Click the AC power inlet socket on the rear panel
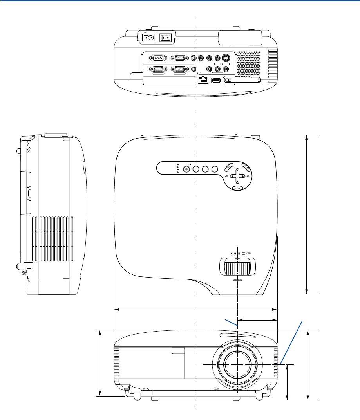[148, 38]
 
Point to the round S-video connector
[225, 58]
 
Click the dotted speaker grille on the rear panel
[248, 63]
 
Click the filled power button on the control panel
[186, 169]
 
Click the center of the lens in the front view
[237, 364]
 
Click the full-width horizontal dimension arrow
[195, 310]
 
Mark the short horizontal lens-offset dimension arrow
[257, 320]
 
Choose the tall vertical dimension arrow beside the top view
[307, 214]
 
